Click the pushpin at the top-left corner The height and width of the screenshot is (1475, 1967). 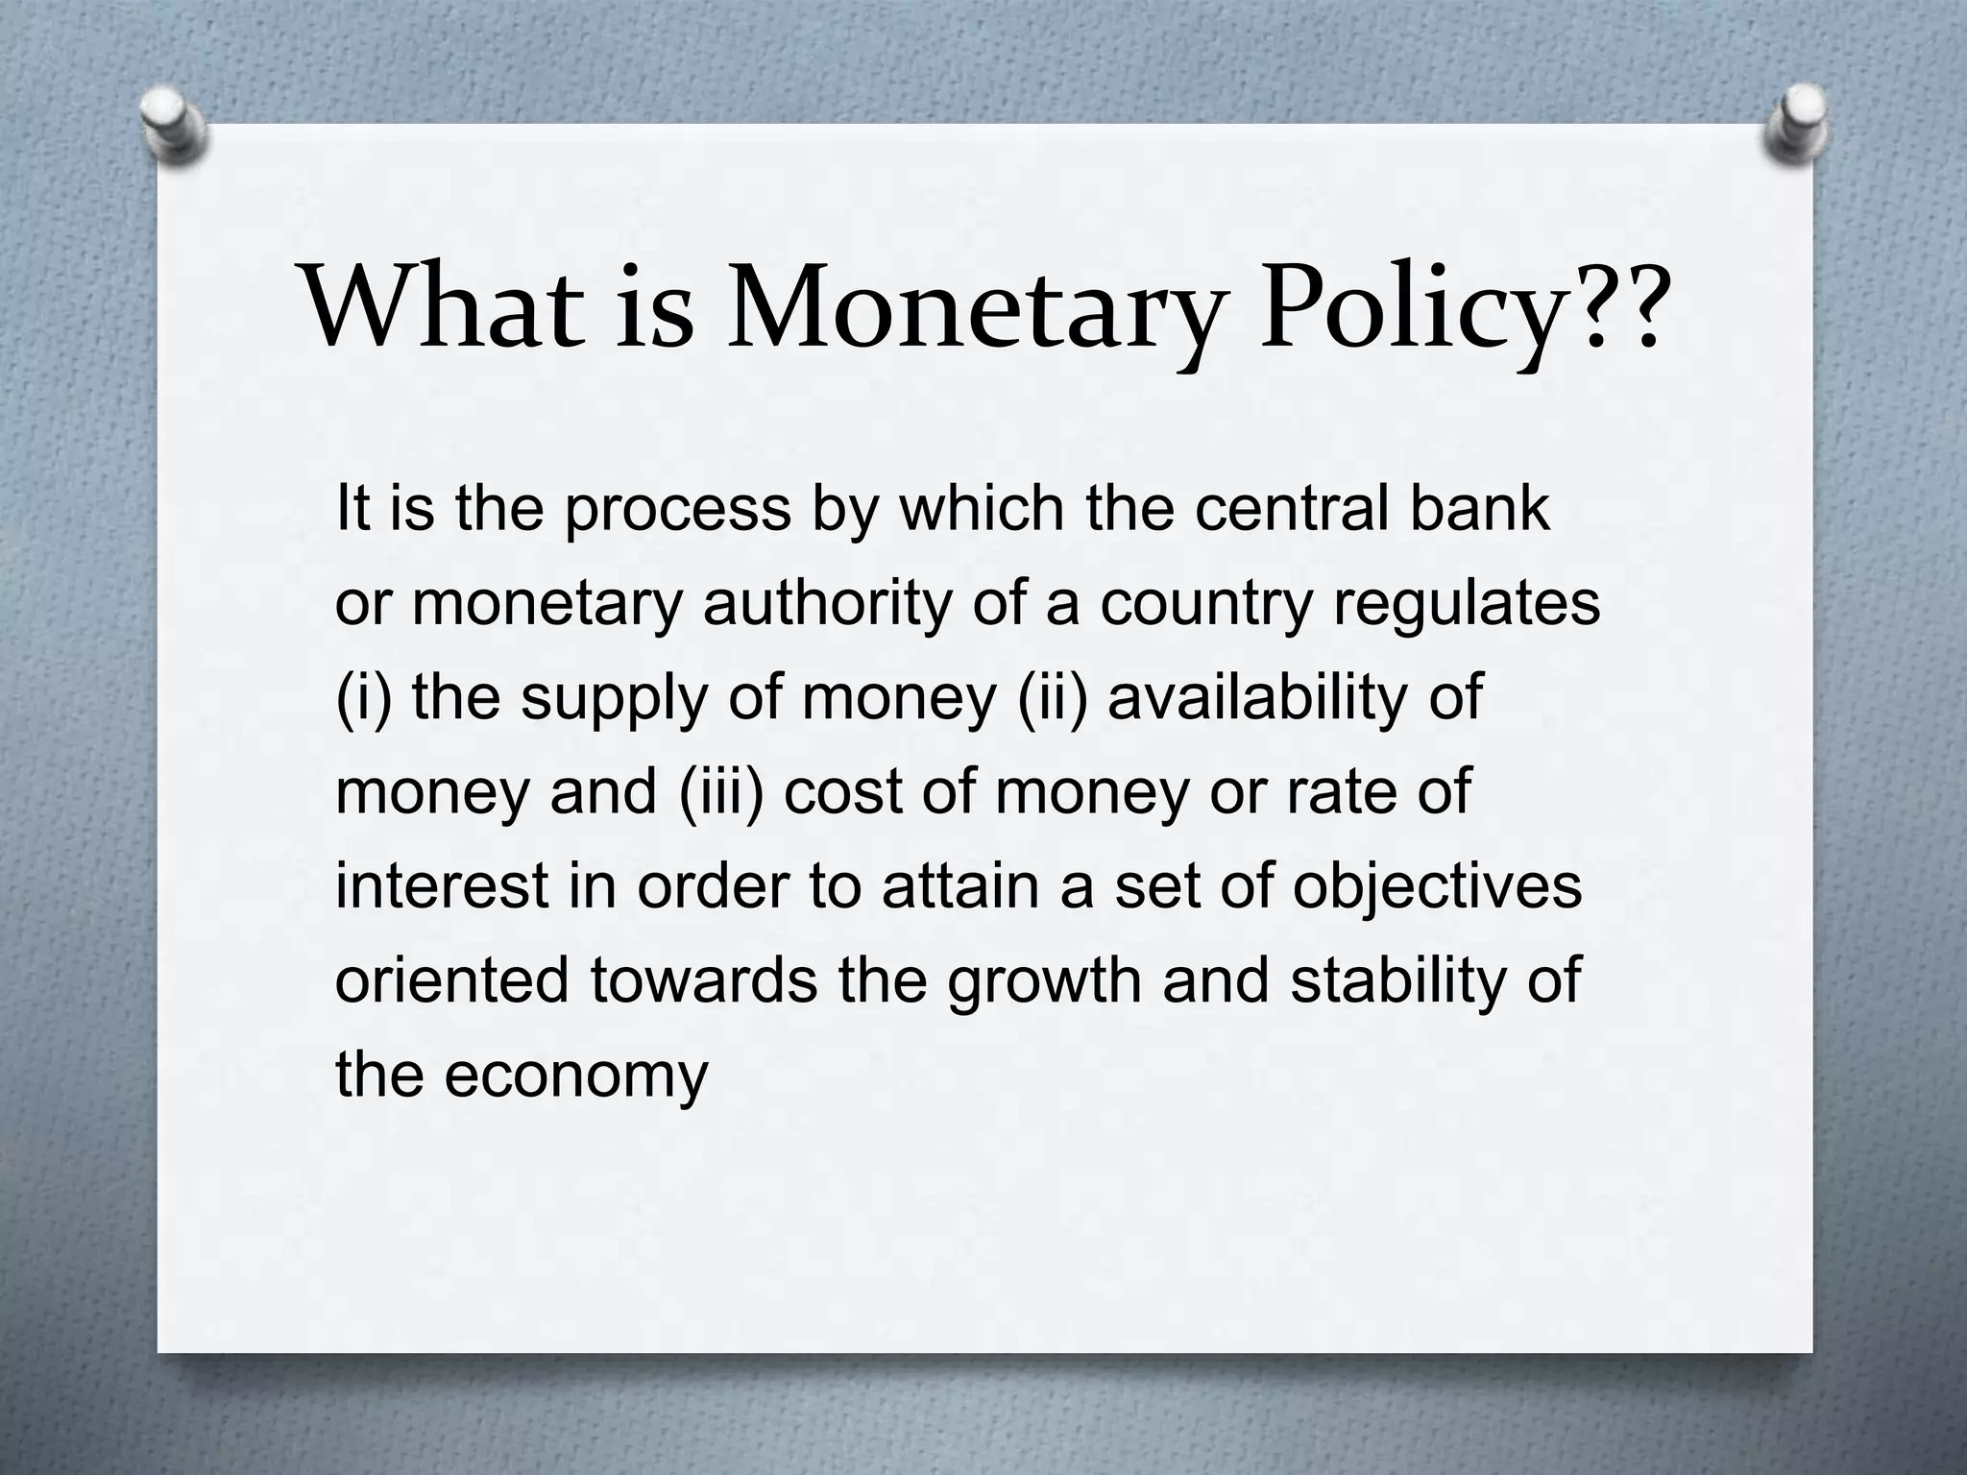pyautogui.click(x=173, y=126)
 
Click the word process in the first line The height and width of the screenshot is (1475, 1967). pyautogui.click(x=677, y=509)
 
